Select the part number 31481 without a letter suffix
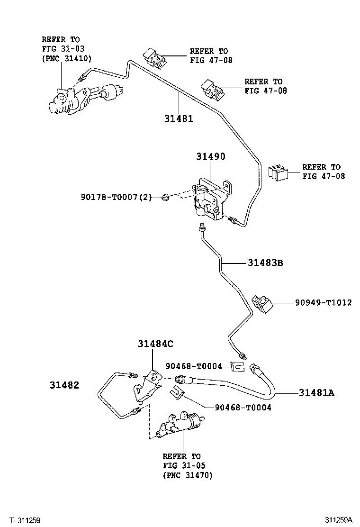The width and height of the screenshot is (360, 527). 179,118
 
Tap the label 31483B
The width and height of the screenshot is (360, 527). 265,262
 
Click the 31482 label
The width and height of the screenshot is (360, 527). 63,386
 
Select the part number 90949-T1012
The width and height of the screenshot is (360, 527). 324,302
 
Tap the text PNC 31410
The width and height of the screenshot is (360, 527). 67,58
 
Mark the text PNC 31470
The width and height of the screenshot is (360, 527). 188,475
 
